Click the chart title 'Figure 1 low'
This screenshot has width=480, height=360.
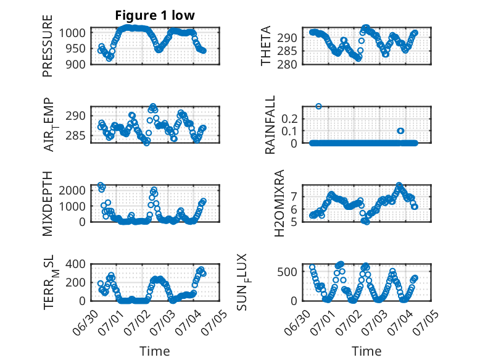(x=155, y=15)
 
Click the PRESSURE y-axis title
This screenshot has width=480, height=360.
(x=48, y=46)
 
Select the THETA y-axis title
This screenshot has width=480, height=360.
(x=266, y=46)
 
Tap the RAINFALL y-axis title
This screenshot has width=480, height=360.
(x=270, y=125)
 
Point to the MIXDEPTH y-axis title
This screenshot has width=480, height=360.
(x=48, y=204)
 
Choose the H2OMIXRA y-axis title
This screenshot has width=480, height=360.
(x=279, y=203)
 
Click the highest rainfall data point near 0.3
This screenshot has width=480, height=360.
(x=319, y=106)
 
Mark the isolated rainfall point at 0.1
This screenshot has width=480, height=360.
(x=400, y=131)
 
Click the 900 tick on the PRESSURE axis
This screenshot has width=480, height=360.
(x=76, y=64)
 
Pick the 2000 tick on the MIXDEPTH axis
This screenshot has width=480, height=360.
(x=73, y=191)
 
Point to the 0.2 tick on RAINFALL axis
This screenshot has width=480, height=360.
(x=289, y=119)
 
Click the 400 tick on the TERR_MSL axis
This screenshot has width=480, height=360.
(x=76, y=264)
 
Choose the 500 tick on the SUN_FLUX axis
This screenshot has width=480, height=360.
(x=287, y=272)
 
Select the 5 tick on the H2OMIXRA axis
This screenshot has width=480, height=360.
(x=294, y=222)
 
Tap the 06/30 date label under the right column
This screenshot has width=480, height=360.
(x=297, y=322)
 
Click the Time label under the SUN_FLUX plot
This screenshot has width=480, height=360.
(x=366, y=351)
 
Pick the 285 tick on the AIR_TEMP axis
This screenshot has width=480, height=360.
(x=76, y=136)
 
